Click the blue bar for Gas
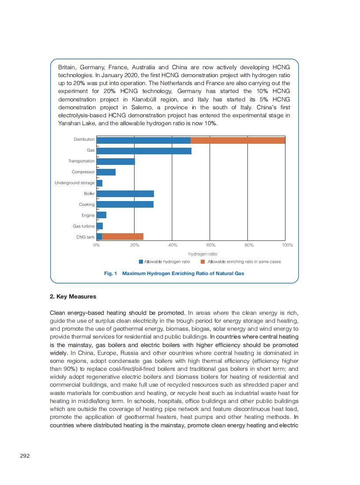[x=144, y=151]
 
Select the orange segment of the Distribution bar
[x=238, y=140]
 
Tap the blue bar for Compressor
[x=106, y=172]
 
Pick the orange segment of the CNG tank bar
[x=123, y=237]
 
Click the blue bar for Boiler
[x=125, y=194]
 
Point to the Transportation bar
[x=116, y=161]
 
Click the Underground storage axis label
[x=75, y=183]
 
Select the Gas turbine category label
[x=84, y=226]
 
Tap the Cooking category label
[x=87, y=205]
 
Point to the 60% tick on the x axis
[x=211, y=245]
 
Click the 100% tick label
[x=287, y=245]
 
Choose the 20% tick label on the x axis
[x=135, y=245]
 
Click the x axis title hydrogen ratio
[x=202, y=254]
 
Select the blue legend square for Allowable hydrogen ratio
[x=141, y=262]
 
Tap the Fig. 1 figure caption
[x=174, y=273]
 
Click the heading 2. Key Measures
[x=73, y=297]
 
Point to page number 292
[x=25, y=456]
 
